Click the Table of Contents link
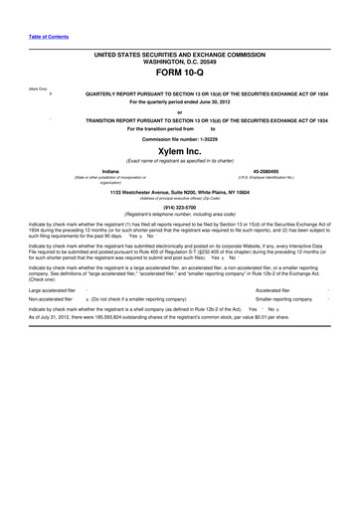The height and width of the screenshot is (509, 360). click(x=49, y=37)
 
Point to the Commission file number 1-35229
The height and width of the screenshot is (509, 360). click(x=179, y=138)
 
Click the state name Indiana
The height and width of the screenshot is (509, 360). click(x=96, y=171)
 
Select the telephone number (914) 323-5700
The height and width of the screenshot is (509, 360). click(x=179, y=207)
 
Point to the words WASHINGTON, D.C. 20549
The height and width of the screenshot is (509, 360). click(x=179, y=60)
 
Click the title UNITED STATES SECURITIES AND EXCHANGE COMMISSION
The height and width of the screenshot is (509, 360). click(x=179, y=53)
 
